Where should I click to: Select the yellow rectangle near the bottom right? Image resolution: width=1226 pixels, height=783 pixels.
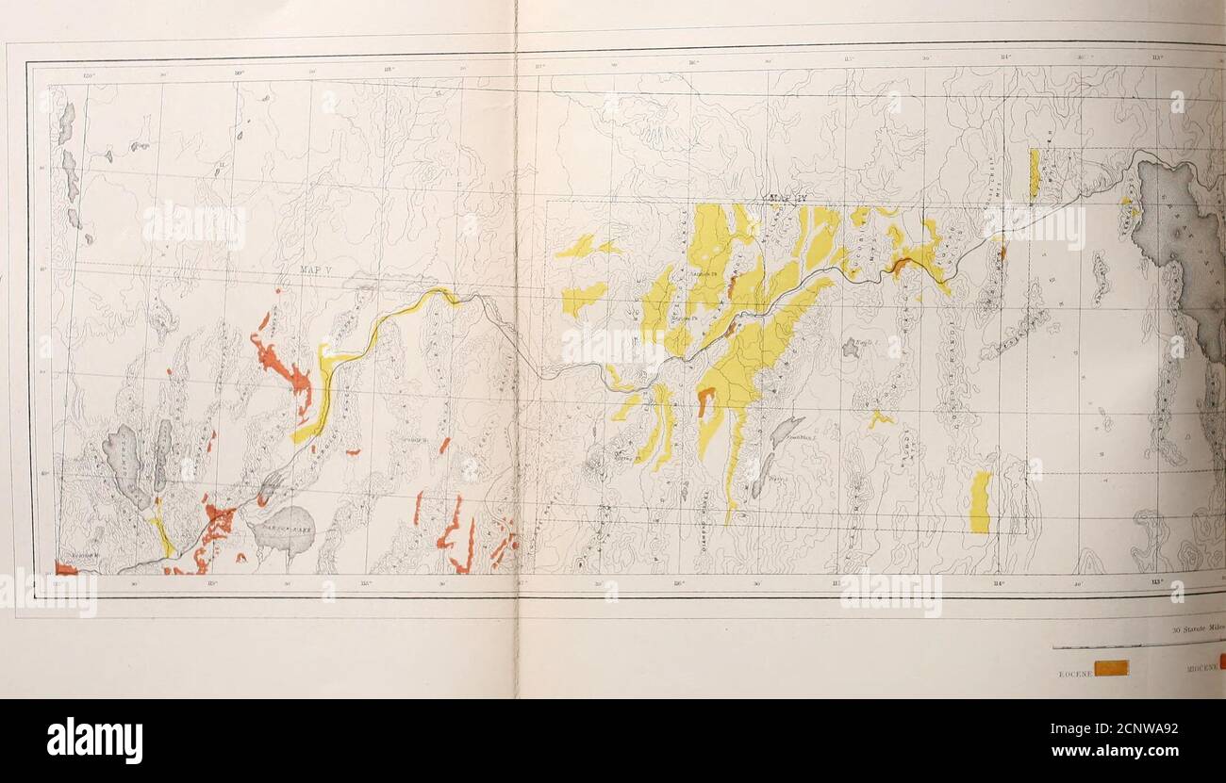point(980,501)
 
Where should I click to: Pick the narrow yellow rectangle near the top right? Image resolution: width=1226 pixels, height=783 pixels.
point(1034,172)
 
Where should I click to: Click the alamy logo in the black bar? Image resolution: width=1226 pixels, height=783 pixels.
point(94,740)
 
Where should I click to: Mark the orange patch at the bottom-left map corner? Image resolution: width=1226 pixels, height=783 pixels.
point(65,568)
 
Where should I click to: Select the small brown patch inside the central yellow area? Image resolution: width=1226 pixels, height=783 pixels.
point(704,400)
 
